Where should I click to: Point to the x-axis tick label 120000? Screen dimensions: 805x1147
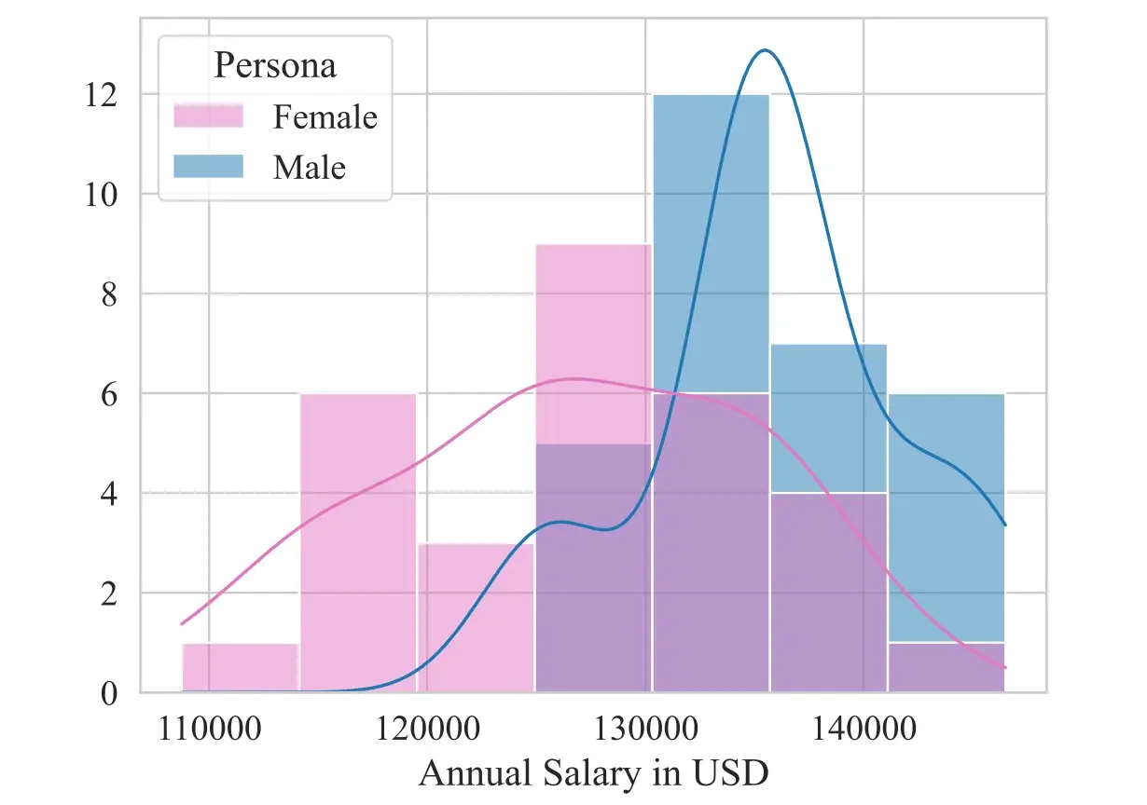(x=427, y=730)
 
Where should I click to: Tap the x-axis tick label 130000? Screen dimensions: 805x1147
(x=645, y=730)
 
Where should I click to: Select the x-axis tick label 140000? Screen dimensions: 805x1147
(x=864, y=730)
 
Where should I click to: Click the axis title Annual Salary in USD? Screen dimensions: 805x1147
(x=594, y=773)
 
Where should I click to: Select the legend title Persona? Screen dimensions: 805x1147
(x=275, y=66)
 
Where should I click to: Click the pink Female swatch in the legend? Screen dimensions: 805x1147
(x=208, y=116)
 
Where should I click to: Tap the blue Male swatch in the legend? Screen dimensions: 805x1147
(x=208, y=167)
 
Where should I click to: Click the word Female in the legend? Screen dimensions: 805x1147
(x=325, y=117)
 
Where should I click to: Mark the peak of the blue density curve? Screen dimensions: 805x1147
(x=765, y=50)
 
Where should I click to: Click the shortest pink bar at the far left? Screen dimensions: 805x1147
(x=240, y=668)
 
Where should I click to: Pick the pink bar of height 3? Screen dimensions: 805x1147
(x=476, y=618)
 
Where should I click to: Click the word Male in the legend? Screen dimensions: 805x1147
(x=309, y=168)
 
